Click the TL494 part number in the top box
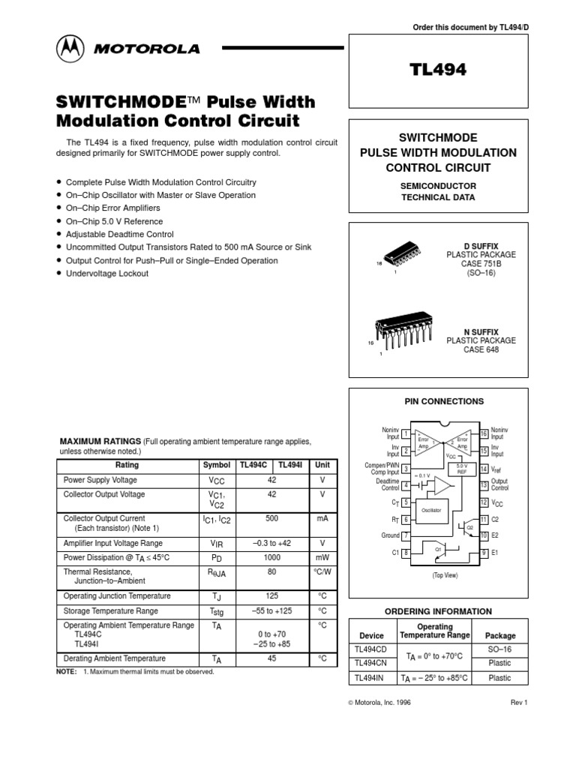(x=438, y=70)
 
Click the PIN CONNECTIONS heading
(x=444, y=401)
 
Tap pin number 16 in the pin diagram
(x=484, y=434)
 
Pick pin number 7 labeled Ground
(x=406, y=536)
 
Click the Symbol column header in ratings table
(x=216, y=465)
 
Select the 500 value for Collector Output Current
(x=272, y=518)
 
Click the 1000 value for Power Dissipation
(x=272, y=558)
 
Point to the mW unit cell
(x=322, y=558)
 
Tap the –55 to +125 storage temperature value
(x=272, y=611)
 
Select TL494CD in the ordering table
(x=371, y=649)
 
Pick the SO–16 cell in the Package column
(x=499, y=649)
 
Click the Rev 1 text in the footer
(x=520, y=703)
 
